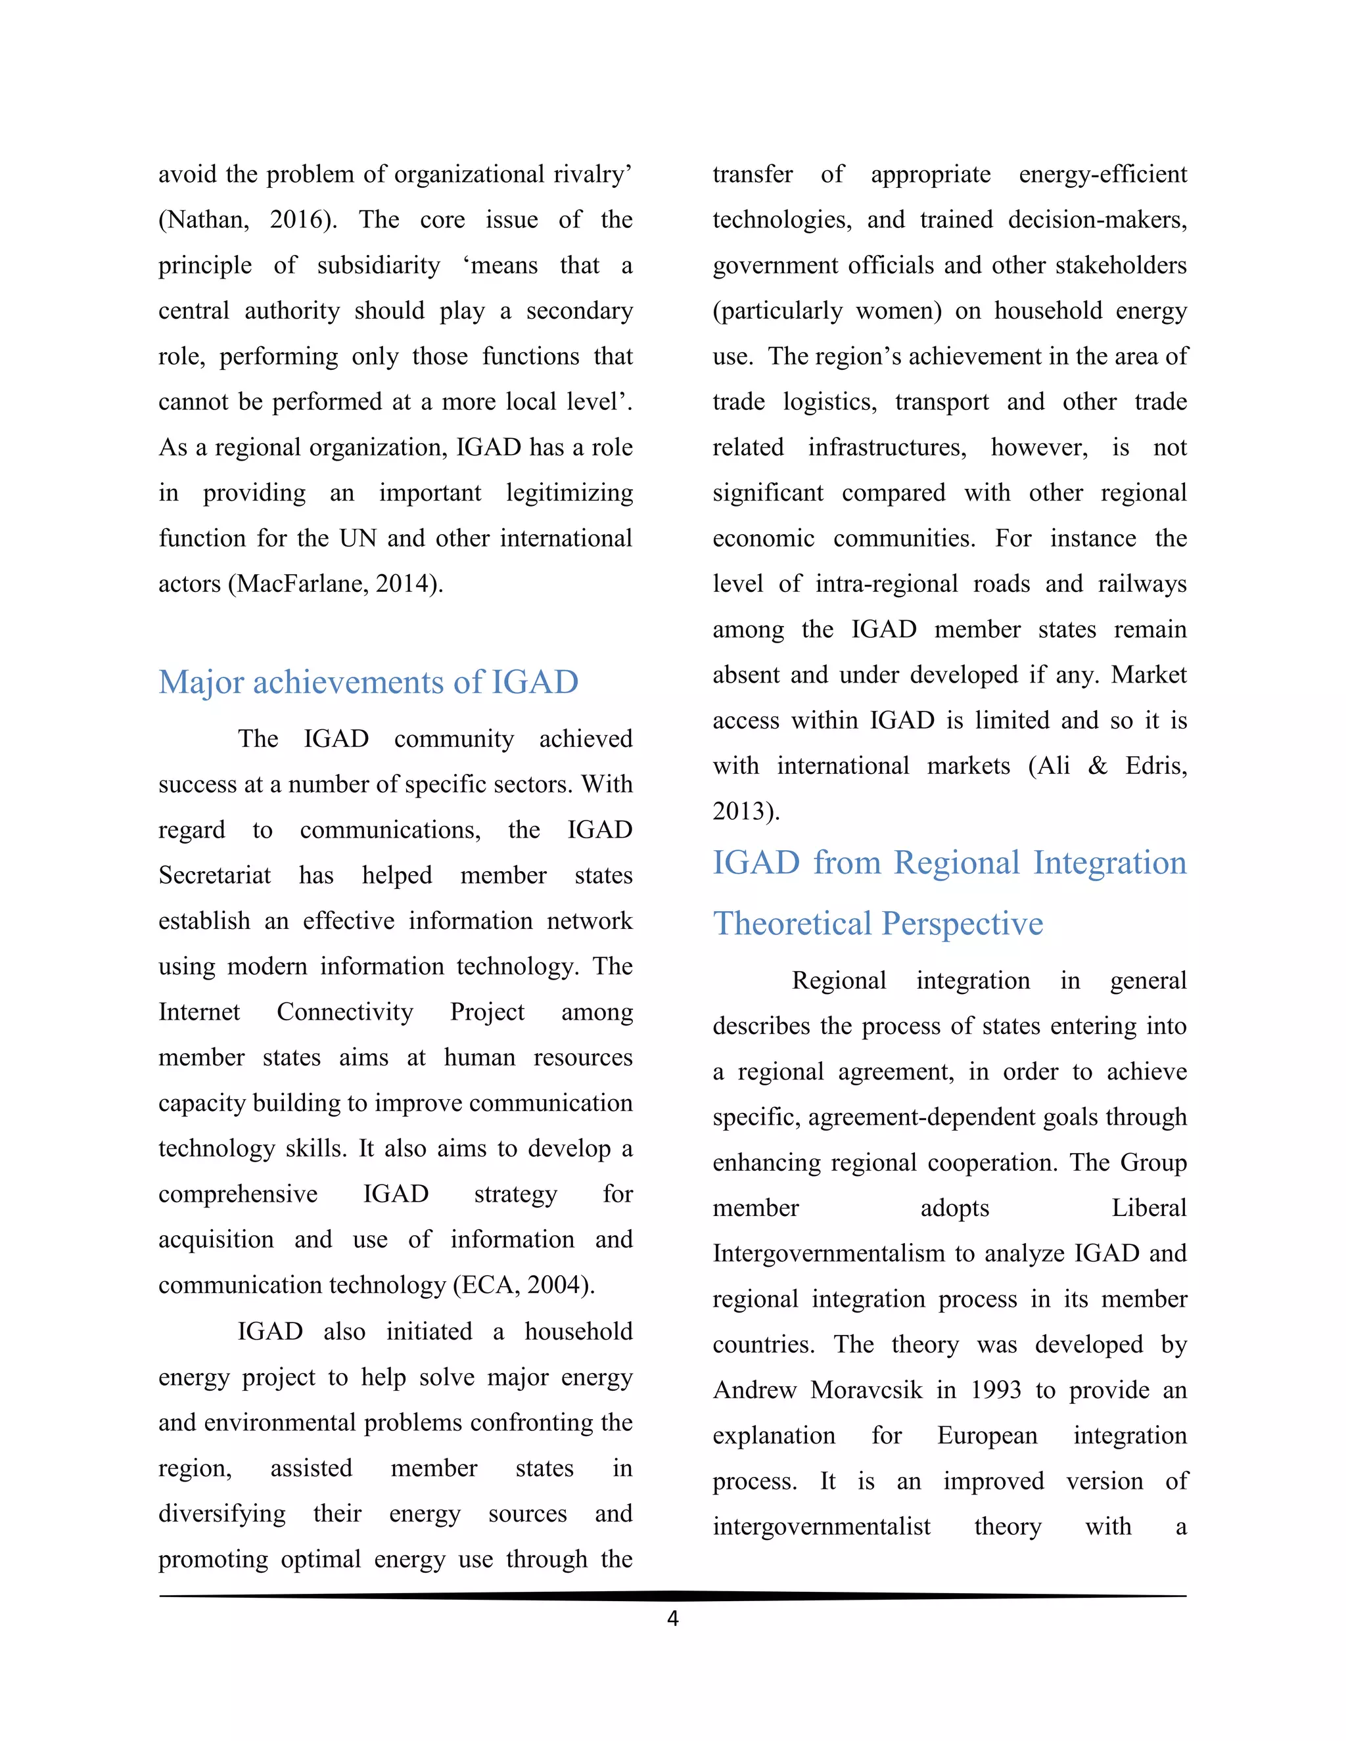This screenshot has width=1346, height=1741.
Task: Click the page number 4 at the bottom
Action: coord(672,1617)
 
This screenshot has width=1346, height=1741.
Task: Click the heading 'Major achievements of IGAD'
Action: coord(369,683)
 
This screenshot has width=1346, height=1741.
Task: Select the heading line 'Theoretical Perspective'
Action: coord(877,923)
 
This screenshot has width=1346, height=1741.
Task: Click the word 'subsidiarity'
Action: coord(378,265)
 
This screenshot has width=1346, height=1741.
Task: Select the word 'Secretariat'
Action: coord(214,875)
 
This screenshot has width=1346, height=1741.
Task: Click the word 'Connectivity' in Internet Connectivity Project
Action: coord(344,1012)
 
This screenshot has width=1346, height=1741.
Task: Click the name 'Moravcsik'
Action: coord(866,1390)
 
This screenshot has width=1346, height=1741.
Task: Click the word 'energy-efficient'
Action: coord(1102,175)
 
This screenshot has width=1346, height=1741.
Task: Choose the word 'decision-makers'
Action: coord(1096,220)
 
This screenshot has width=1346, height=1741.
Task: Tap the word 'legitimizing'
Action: coord(569,493)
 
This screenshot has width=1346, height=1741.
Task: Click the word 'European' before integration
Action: coord(987,1436)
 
